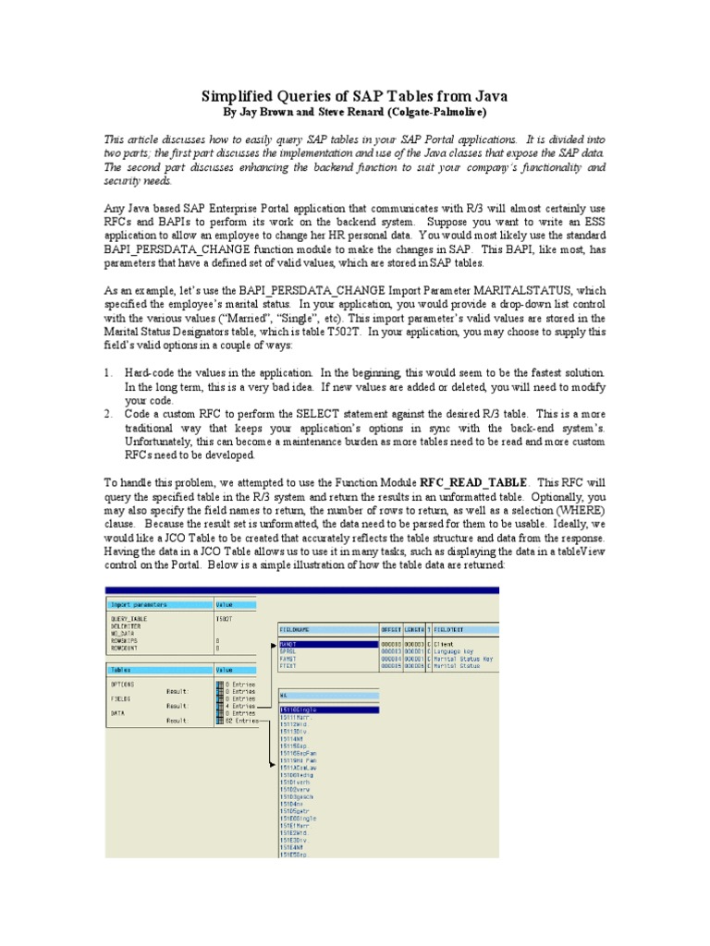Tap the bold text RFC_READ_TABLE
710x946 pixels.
point(474,482)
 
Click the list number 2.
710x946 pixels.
point(107,415)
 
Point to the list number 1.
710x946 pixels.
point(107,371)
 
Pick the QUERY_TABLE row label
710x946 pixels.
point(129,620)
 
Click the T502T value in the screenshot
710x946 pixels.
point(224,620)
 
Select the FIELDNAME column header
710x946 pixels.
point(297,630)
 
